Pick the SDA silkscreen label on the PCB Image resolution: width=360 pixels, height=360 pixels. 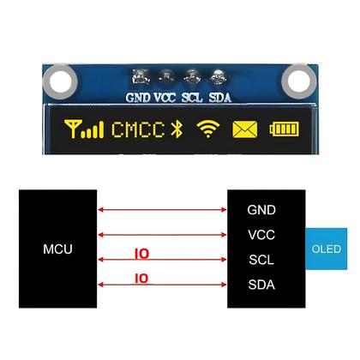[220, 97]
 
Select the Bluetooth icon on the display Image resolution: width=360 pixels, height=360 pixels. [178, 130]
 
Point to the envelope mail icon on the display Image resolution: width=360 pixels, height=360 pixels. [245, 130]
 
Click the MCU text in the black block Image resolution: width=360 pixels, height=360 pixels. [57, 249]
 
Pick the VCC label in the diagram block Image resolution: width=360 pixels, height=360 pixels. [261, 234]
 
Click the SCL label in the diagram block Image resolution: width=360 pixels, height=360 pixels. [261, 259]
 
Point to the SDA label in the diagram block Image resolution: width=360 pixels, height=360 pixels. [261, 285]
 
